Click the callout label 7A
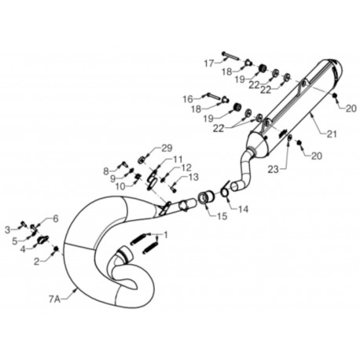tap(54, 299)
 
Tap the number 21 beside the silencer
tap(331, 134)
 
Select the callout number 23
tap(274, 170)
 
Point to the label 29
tap(167, 148)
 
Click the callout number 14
tap(243, 209)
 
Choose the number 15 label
tap(222, 216)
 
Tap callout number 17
tap(209, 64)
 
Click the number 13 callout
tap(193, 177)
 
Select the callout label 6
tap(56, 219)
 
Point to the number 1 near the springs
tap(165, 235)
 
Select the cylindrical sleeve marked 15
tap(207, 199)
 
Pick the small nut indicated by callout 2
tap(56, 248)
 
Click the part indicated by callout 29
tap(142, 160)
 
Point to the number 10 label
tap(121, 186)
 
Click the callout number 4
tap(24, 249)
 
